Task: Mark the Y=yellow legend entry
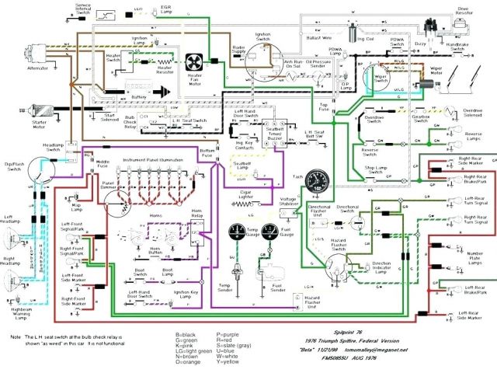pos(231,362)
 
